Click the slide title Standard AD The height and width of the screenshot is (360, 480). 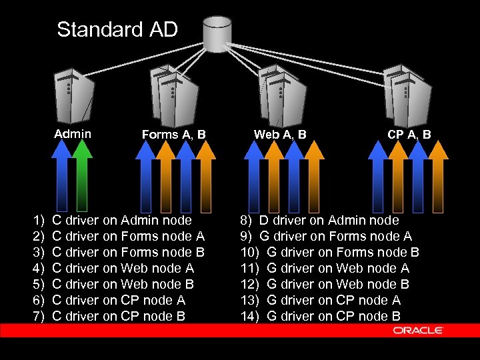pyautogui.click(x=117, y=29)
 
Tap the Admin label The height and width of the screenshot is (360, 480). pyautogui.click(x=73, y=134)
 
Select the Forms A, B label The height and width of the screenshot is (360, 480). pyautogui.click(x=174, y=135)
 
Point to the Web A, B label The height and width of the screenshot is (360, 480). pyautogui.click(x=280, y=135)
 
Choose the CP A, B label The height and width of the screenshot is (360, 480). pyautogui.click(x=409, y=135)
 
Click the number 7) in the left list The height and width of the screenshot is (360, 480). pyautogui.click(x=39, y=316)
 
